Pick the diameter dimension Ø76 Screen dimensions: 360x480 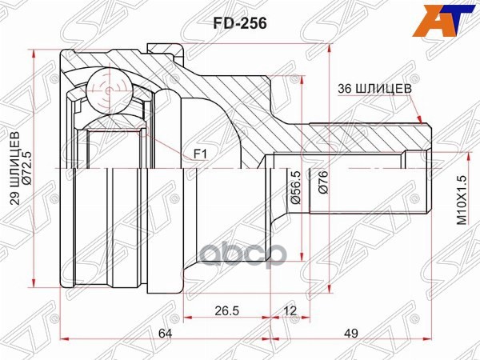pyautogui.click(x=323, y=187)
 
